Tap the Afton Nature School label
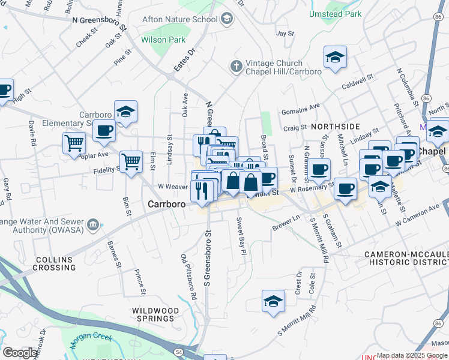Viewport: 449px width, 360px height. [179, 19]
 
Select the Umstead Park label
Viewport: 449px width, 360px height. [335, 13]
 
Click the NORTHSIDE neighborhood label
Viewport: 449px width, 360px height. [335, 127]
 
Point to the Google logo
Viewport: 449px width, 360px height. [20, 353]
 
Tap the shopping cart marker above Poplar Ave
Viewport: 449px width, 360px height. [74, 143]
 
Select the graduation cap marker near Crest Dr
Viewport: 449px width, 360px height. [273, 301]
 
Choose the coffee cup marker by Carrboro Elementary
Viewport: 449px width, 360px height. [104, 130]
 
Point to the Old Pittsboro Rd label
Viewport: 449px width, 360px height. [189, 277]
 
